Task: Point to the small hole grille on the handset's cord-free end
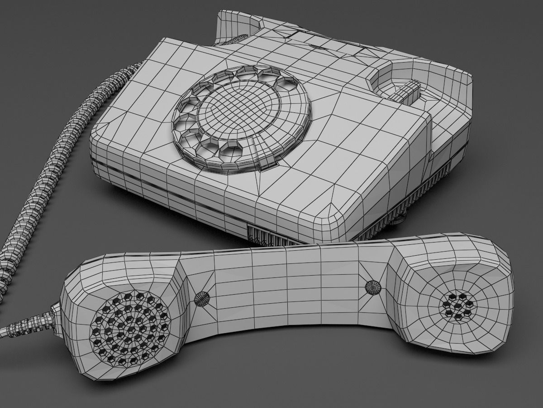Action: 458,305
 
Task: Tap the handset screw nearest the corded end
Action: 202,297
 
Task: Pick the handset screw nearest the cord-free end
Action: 372,287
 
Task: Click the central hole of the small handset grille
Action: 458,305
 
